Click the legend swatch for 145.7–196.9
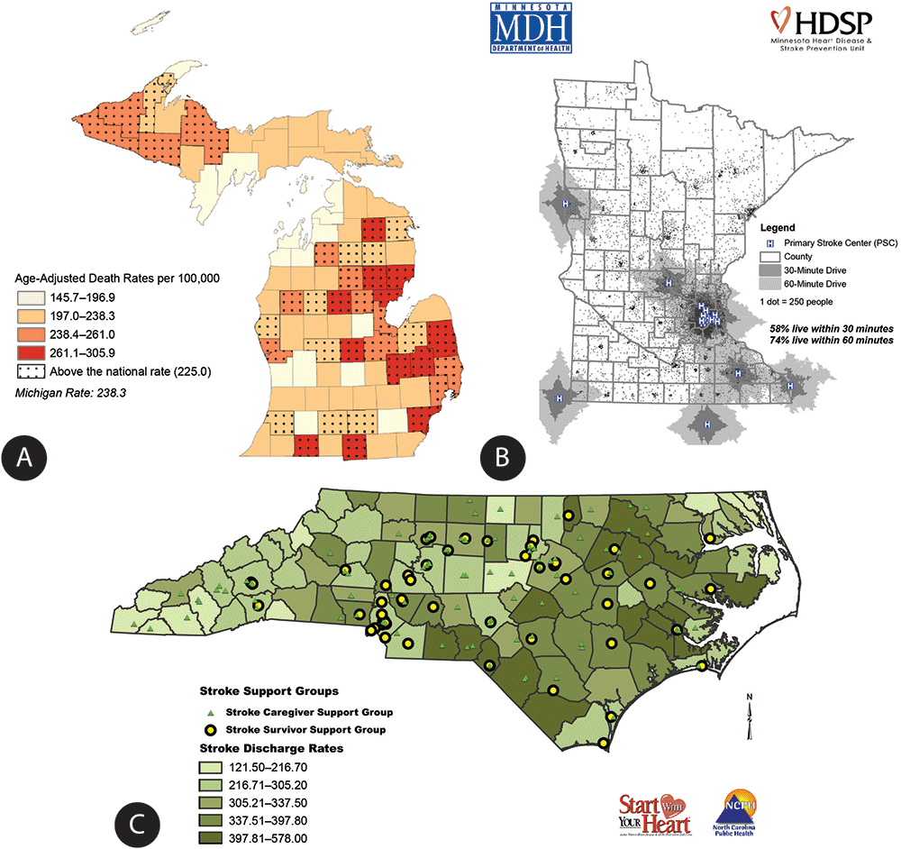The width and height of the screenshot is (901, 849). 26,297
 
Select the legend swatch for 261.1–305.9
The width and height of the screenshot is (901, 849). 26,351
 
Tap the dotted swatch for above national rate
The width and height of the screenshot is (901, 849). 26,370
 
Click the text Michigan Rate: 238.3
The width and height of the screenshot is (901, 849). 67,392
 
